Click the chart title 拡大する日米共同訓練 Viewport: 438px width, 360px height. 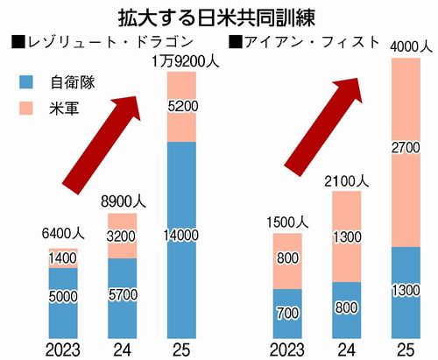(218, 17)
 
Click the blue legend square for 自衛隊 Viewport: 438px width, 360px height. (25, 82)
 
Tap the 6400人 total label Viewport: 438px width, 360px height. (62, 235)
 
